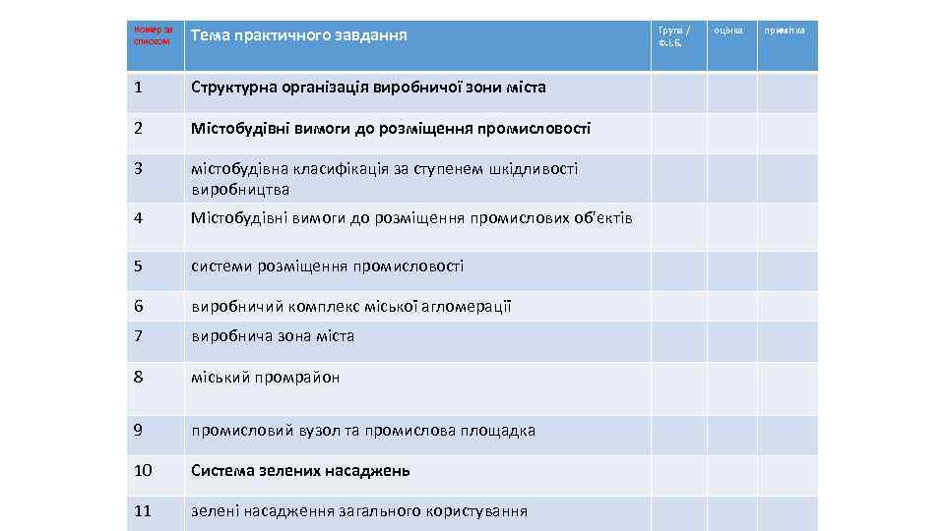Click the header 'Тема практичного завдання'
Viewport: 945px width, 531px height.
[298, 36]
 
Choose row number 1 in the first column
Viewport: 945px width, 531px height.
[139, 88]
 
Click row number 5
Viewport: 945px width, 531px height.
[139, 266]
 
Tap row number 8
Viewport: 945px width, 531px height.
[139, 377]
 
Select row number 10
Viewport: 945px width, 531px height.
[143, 470]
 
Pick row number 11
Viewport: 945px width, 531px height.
[143, 510]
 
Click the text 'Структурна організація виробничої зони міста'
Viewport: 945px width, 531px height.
[368, 88]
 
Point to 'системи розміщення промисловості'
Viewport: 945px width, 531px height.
[327, 266]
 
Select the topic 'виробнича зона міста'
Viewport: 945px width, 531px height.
[273, 336]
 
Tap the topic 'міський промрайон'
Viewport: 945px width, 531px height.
[265, 377]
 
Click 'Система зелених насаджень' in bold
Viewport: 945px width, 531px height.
[300, 470]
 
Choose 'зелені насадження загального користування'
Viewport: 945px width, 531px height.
[358, 510]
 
